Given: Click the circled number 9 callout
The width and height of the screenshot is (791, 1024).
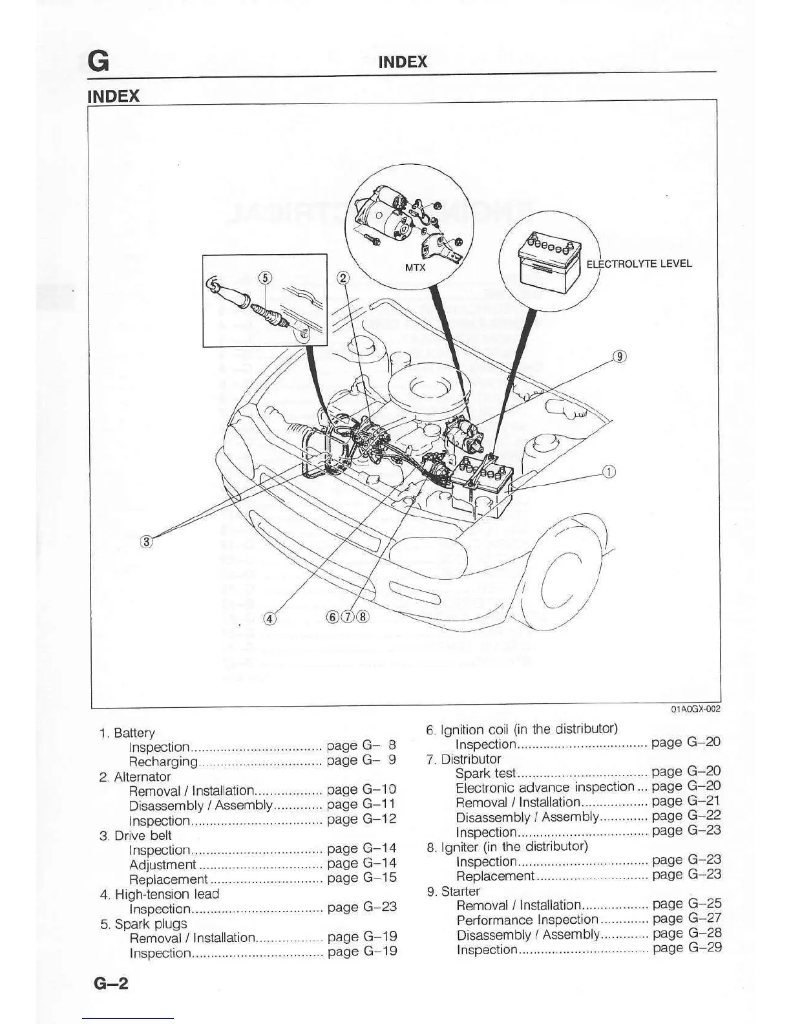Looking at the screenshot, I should [x=619, y=356].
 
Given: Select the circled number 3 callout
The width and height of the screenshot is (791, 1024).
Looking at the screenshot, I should [x=147, y=541].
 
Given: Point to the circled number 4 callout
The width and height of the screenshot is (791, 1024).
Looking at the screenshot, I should [x=271, y=618].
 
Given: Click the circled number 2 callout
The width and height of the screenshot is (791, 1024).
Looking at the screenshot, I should [x=344, y=278].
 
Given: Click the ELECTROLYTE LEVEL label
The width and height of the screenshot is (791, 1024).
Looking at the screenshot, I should [x=638, y=264].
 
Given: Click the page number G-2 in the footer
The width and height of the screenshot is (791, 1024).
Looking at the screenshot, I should [x=111, y=983].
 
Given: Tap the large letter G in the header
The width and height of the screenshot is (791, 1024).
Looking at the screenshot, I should [x=98, y=61].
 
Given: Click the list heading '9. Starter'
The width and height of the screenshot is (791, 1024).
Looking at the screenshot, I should [x=453, y=891].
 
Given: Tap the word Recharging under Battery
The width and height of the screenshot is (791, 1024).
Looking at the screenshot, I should [x=163, y=761].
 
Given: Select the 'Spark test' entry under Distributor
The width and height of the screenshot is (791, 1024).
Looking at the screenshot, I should [x=485, y=773].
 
